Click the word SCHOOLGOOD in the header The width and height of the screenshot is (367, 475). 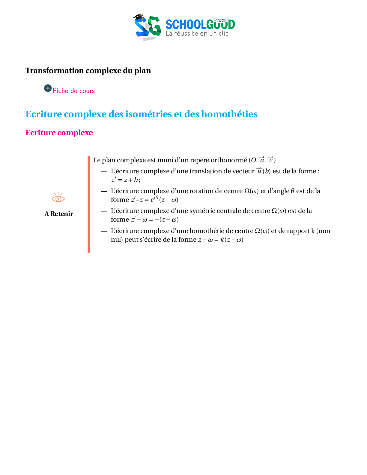click(x=200, y=24)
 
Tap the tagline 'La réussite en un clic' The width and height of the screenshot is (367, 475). click(x=197, y=34)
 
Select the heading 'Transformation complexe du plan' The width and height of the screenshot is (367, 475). click(x=88, y=70)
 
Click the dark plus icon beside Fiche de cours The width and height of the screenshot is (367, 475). click(x=48, y=88)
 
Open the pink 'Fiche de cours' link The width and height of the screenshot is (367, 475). click(x=74, y=91)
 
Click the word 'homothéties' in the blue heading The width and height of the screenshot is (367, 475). click(x=229, y=114)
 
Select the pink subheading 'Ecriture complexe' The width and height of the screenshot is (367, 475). click(x=59, y=133)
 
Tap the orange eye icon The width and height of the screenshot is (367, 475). click(x=58, y=197)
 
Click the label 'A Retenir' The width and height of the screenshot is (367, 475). click(x=58, y=214)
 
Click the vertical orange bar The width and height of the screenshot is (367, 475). click(x=89, y=205)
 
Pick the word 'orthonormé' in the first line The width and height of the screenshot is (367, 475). click(x=229, y=160)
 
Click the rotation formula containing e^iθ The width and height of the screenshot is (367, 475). click(x=154, y=199)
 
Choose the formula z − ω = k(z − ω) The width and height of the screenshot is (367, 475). click(x=221, y=240)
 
